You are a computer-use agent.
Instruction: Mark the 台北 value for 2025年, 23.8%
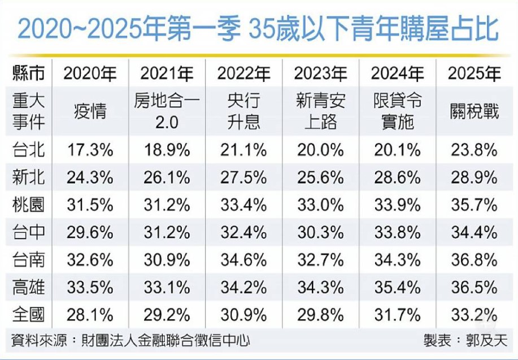474,150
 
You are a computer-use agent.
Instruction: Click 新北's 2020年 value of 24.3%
90,177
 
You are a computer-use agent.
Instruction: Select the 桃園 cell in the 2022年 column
243,205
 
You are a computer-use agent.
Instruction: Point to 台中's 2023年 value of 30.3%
320,232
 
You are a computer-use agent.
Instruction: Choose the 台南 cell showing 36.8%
474,259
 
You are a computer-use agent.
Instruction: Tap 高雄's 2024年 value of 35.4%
397,287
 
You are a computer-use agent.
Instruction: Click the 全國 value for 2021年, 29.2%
167,314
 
